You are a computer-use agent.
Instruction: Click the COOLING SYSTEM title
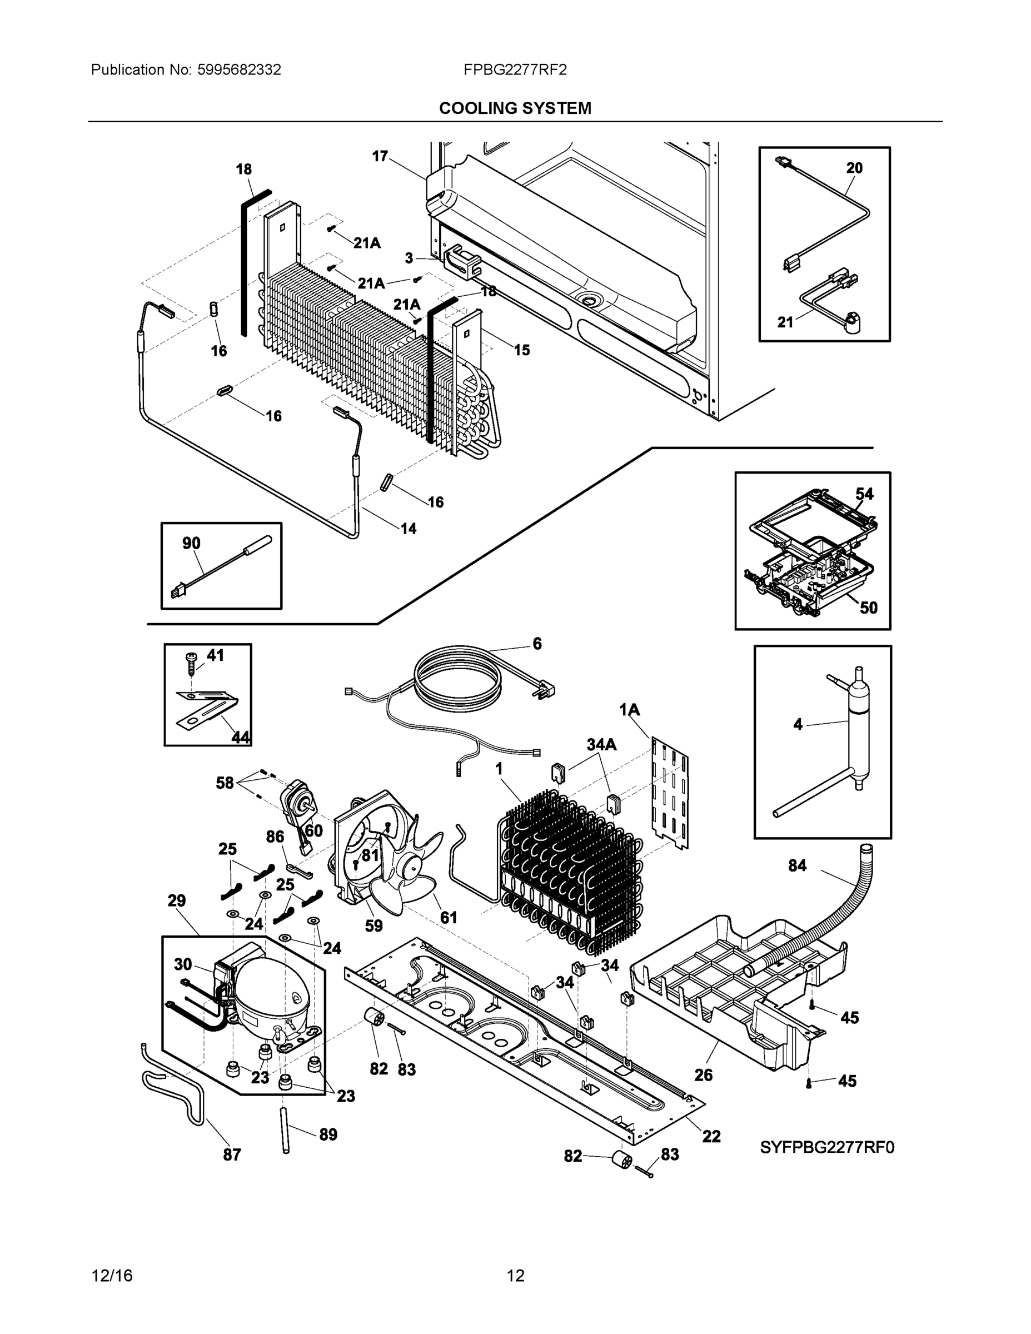515,108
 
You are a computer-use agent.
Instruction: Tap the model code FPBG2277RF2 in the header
515,69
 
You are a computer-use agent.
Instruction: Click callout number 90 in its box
191,543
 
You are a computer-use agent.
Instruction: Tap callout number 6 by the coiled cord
537,643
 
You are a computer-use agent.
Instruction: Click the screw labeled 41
191,662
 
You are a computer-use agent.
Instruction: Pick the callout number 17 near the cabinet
380,156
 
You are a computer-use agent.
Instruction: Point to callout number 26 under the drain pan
703,1075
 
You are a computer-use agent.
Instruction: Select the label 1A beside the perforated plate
629,710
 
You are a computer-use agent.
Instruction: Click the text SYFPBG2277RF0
827,1147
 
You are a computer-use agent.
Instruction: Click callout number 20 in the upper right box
854,168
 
